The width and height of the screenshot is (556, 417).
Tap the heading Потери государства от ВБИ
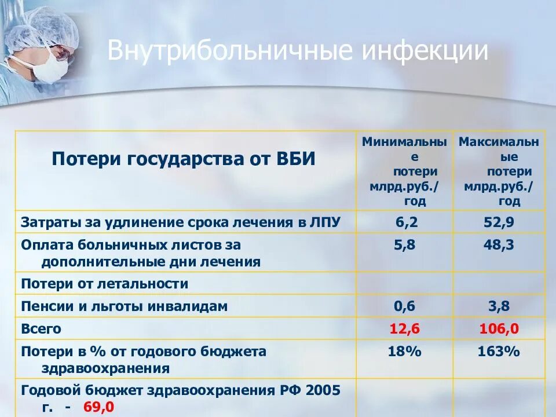click(x=184, y=159)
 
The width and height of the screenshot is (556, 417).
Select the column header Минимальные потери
click(x=404, y=171)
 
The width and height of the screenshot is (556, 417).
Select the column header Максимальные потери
click(x=499, y=171)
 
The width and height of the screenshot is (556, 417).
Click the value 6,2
click(x=405, y=222)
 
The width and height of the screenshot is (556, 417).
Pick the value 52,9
click(x=499, y=222)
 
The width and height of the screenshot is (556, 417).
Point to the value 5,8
click(x=405, y=245)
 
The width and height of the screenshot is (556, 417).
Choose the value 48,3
click(x=499, y=245)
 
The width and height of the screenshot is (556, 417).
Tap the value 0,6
click(x=405, y=306)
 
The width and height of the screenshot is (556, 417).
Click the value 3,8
click(x=499, y=306)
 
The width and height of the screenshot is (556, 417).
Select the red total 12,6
click(x=404, y=329)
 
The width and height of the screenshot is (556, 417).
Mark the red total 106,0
click(x=499, y=329)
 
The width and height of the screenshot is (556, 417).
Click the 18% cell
click(x=405, y=352)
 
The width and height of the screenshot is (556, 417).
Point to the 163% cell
click(x=499, y=352)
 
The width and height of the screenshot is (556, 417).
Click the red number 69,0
click(x=98, y=407)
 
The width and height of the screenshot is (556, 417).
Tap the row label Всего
click(x=41, y=329)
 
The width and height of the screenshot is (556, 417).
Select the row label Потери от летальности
click(x=105, y=284)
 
